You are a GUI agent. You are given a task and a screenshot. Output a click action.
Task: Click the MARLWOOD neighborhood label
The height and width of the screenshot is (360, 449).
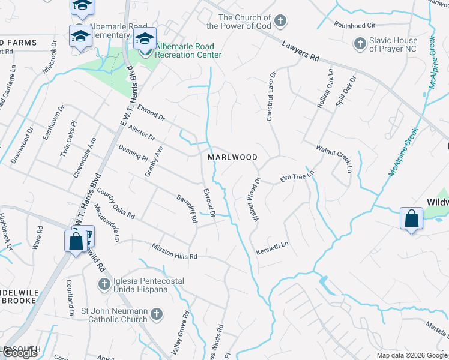[x=232, y=157]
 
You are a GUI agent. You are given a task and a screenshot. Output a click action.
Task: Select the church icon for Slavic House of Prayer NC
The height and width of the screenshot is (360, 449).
[x=360, y=43]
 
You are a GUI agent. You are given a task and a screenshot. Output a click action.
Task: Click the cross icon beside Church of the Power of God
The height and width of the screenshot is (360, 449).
[x=279, y=22]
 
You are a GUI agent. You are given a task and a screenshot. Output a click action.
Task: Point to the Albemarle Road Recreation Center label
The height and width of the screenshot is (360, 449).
[x=188, y=50]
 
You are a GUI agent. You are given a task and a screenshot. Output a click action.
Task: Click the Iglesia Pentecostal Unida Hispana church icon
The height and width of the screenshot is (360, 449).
[x=103, y=283]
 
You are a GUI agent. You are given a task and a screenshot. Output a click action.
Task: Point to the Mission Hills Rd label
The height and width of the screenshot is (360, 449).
[x=174, y=251]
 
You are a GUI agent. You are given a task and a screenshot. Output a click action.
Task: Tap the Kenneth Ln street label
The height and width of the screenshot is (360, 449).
[x=273, y=247]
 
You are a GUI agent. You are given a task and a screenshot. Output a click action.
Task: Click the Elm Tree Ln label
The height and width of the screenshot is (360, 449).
[x=297, y=177]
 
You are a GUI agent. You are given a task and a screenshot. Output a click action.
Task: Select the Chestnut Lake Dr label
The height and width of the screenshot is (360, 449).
[x=271, y=97]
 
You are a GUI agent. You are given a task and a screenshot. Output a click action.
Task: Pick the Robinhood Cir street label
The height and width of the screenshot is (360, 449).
[x=354, y=26]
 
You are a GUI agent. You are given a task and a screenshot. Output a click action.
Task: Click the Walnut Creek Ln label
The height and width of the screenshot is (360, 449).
[x=334, y=157]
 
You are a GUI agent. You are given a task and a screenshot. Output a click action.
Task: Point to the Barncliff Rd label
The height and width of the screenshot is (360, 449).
[x=187, y=208]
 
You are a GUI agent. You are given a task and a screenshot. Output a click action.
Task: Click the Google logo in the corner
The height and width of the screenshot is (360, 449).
[x=20, y=353]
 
